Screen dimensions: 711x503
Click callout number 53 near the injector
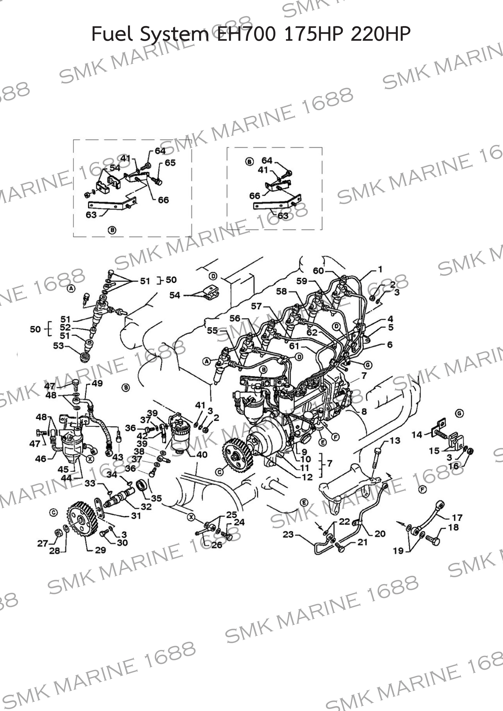tap(58, 346)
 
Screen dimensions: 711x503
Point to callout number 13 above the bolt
tap(395, 440)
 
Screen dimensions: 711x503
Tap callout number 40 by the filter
tap(202, 455)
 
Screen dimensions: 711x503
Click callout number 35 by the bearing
tap(156, 498)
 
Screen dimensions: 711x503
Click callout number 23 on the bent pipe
tap(288, 534)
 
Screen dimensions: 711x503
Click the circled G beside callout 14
tap(459, 414)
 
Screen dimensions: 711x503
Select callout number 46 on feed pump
tap(41, 459)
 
